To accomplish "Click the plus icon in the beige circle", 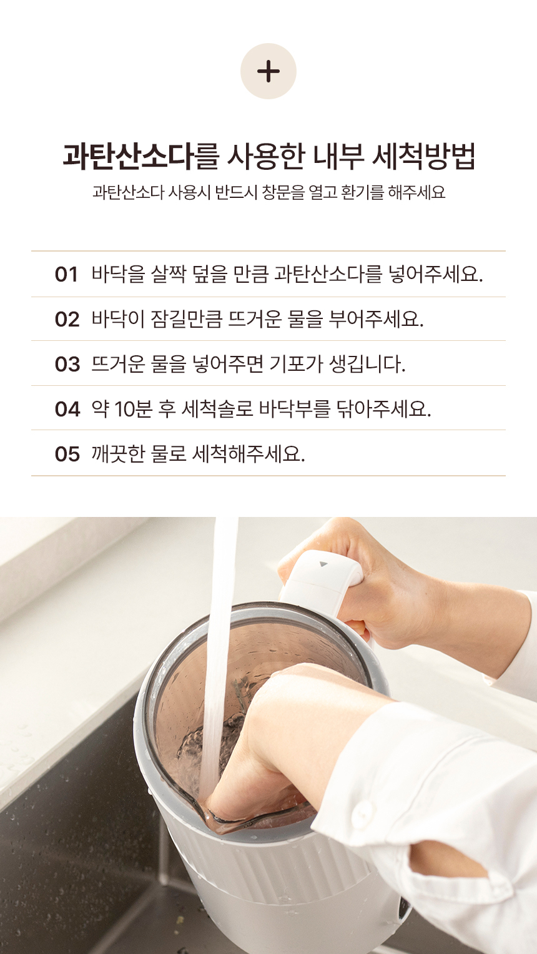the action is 268,71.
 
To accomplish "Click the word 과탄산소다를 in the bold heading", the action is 140,156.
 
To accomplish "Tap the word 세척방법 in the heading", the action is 423,156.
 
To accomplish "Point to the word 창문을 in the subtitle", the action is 283,192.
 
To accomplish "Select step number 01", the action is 66,274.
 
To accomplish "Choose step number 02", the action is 67,320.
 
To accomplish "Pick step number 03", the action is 67,364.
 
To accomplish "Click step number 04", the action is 67,409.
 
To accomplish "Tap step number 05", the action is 67,454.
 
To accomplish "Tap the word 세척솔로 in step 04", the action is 218,409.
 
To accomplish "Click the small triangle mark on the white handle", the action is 323,564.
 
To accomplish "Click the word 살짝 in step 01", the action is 169,274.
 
